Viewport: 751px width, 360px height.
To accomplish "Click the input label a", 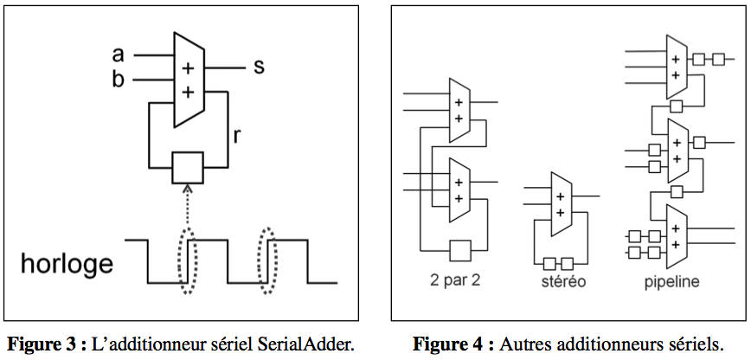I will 118,55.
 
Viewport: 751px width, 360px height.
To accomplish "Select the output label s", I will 258,67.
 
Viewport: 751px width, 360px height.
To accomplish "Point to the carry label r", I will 236,136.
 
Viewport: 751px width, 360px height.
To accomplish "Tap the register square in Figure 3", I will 188,167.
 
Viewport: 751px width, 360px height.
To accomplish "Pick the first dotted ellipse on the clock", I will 188,260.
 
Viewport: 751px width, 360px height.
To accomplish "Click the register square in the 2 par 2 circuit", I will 460,249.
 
